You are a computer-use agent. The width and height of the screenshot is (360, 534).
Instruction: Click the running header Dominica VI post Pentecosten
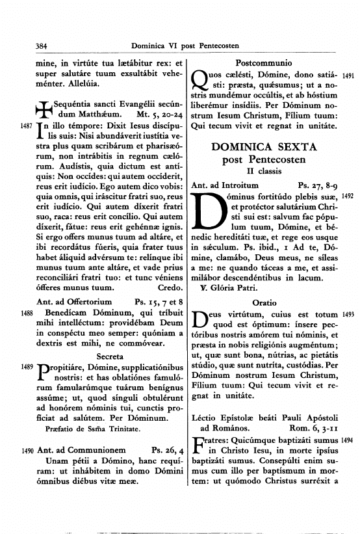(x=185, y=46)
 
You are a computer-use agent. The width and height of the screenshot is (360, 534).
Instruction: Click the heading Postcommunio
(x=263, y=64)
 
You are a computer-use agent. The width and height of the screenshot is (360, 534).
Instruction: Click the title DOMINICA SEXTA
(x=264, y=148)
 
